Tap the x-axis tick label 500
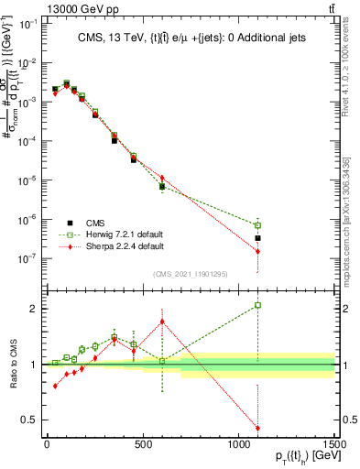tap(142, 444)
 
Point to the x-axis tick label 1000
tap(238, 444)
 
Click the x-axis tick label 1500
tap(333, 444)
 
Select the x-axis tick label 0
tap(47, 444)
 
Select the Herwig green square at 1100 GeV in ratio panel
tap(258, 305)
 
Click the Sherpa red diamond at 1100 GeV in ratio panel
tap(258, 428)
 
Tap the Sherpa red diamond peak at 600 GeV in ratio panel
tap(162, 322)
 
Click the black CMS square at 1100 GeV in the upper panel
tap(258, 238)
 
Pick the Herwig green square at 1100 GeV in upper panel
tap(258, 225)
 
